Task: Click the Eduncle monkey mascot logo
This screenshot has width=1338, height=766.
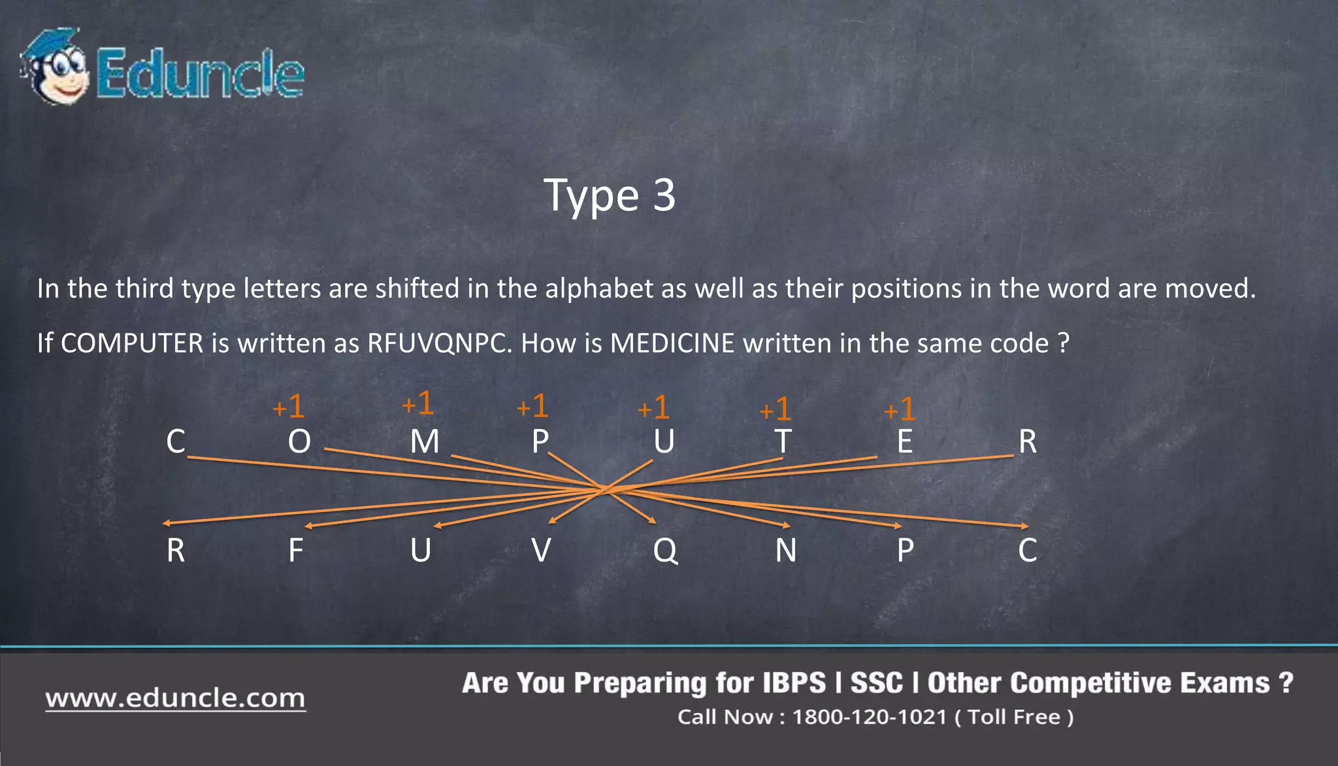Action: [x=55, y=67]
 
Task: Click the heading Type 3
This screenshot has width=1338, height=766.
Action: [x=610, y=195]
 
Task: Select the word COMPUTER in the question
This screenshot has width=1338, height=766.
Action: [x=132, y=343]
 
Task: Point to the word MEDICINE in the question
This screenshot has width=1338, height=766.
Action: [x=672, y=343]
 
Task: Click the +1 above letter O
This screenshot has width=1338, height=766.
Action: [x=289, y=407]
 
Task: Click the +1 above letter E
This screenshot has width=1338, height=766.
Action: [x=900, y=410]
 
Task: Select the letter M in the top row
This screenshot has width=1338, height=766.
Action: [x=425, y=442]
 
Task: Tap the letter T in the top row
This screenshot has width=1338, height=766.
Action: [x=783, y=442]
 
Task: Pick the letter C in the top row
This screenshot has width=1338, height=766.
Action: [x=176, y=442]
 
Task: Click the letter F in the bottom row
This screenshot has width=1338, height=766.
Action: [x=296, y=551]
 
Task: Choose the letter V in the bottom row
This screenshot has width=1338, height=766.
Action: [x=541, y=551]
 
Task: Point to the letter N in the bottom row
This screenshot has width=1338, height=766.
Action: [x=786, y=551]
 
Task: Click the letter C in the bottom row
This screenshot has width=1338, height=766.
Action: [x=1027, y=551]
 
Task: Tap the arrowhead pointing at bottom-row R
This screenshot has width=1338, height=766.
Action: [x=166, y=523]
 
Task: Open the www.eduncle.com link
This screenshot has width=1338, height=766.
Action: [x=175, y=699]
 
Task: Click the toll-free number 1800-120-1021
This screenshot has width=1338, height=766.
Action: [x=870, y=717]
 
